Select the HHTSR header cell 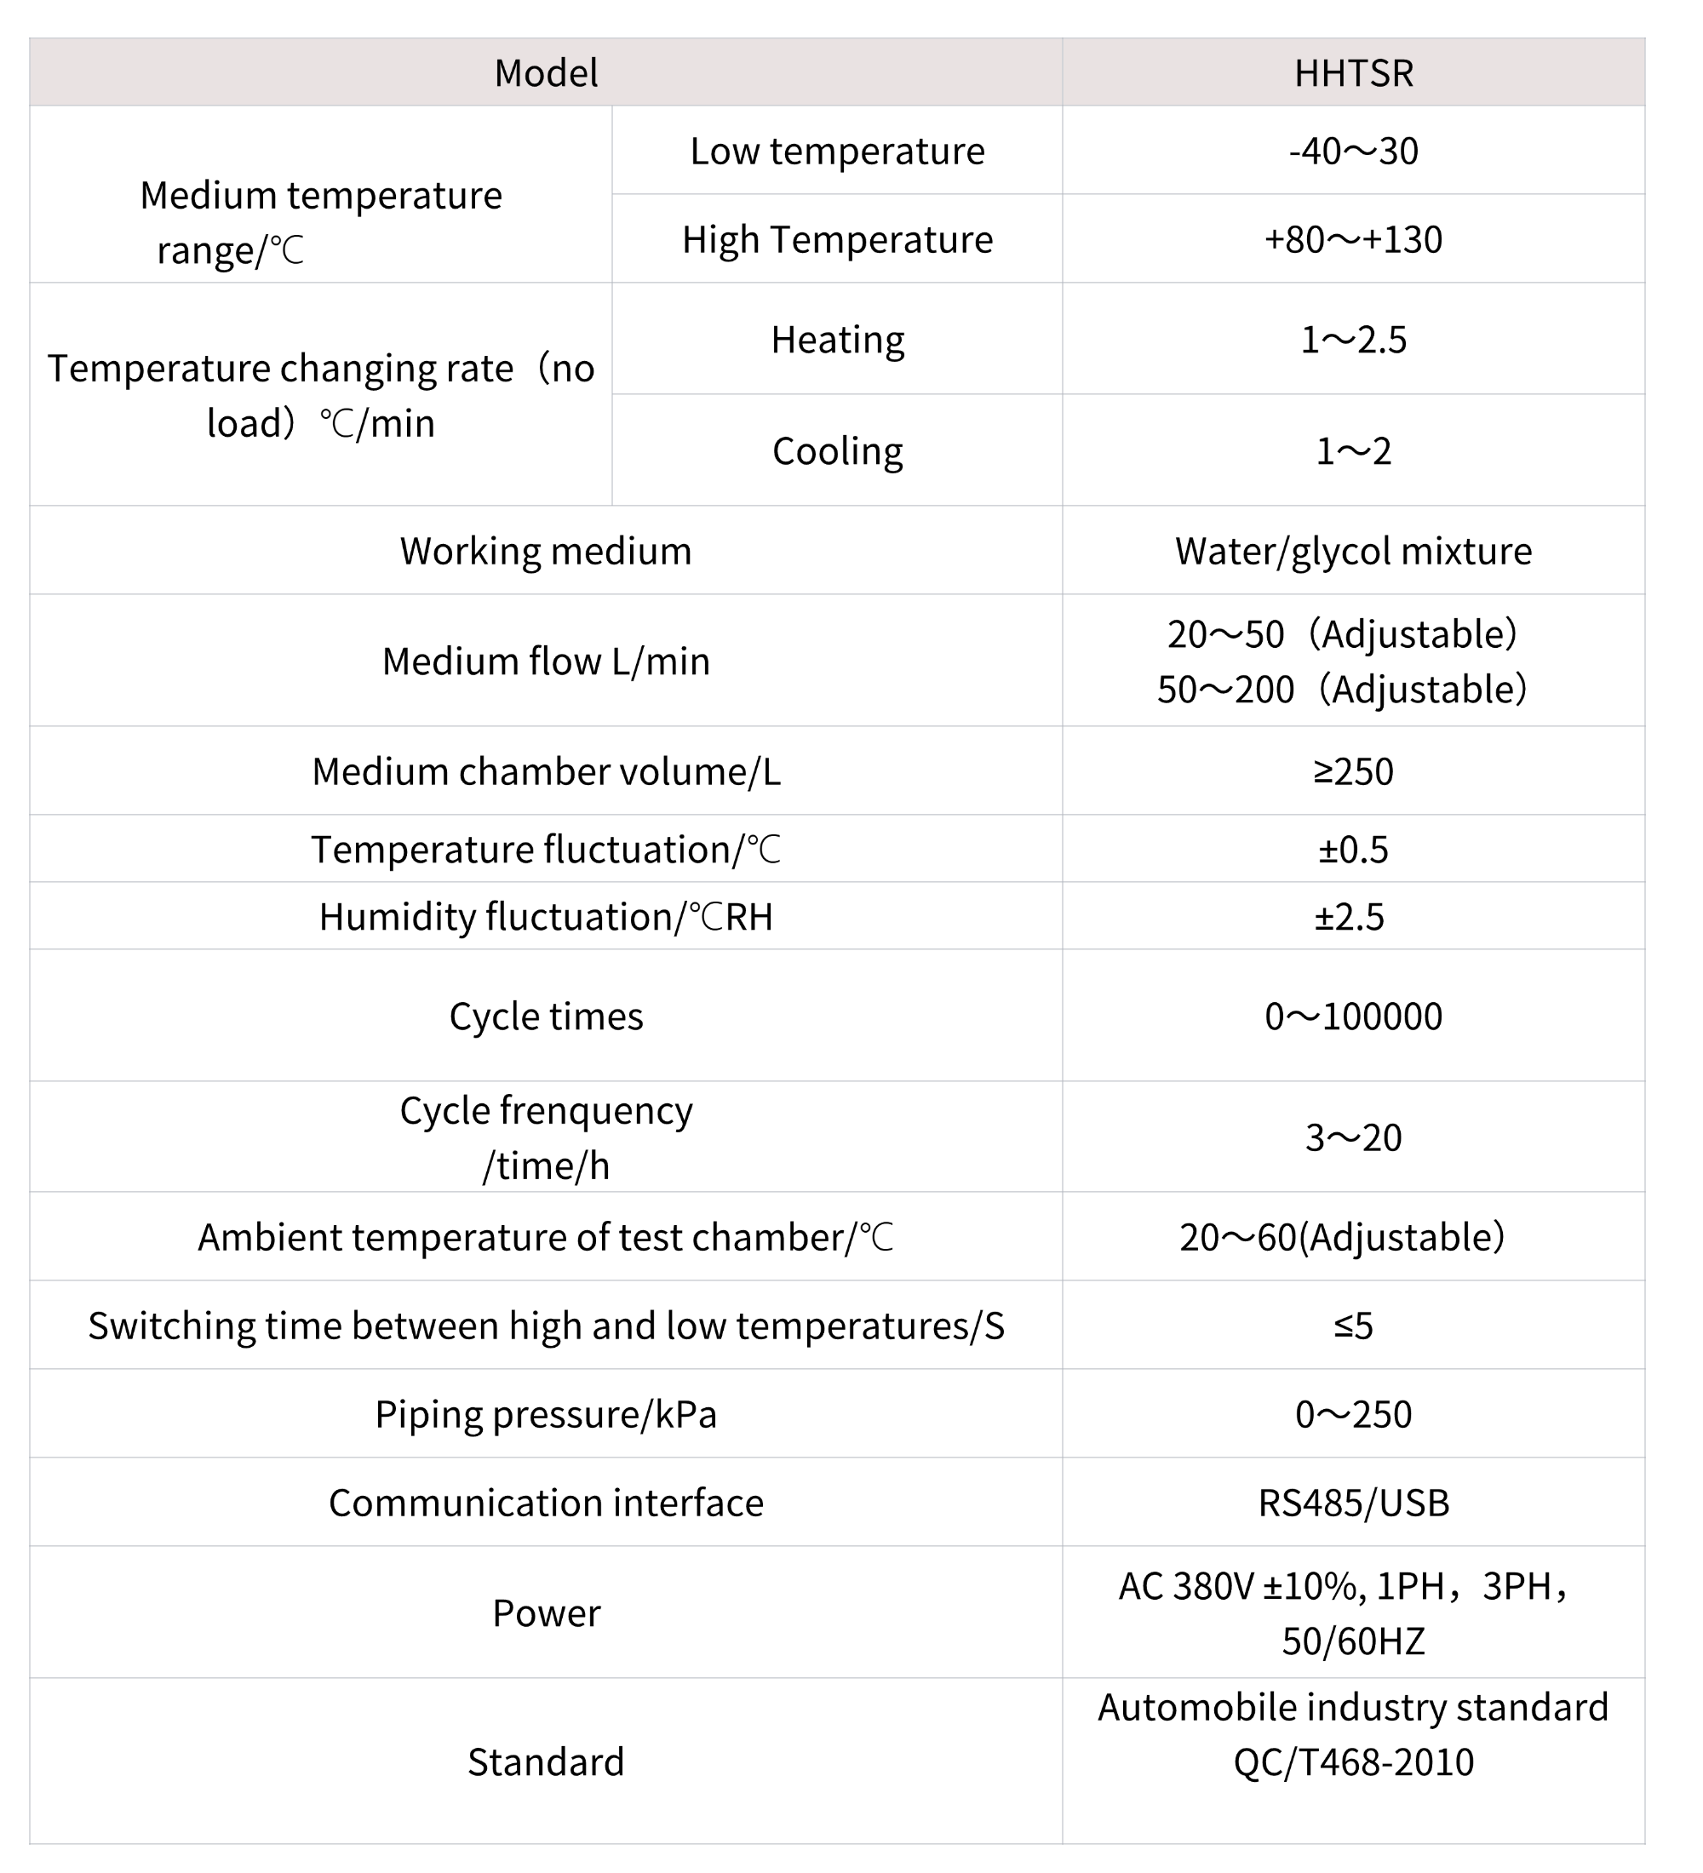[1353, 72]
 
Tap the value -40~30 [1353, 151]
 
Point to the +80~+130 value [1353, 238]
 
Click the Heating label [837, 339]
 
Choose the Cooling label [837, 450]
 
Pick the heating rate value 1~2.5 [1353, 339]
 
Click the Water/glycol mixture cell [1353, 551]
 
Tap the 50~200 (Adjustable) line [1342, 689]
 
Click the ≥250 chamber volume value [1353, 771]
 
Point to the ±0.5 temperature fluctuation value [1353, 849]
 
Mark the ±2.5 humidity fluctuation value [1349, 916]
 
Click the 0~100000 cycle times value [1353, 1016]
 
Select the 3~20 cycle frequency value [1353, 1137]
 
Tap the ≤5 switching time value [1353, 1325]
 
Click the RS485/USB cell [1353, 1503]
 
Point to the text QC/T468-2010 [1353, 1761]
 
